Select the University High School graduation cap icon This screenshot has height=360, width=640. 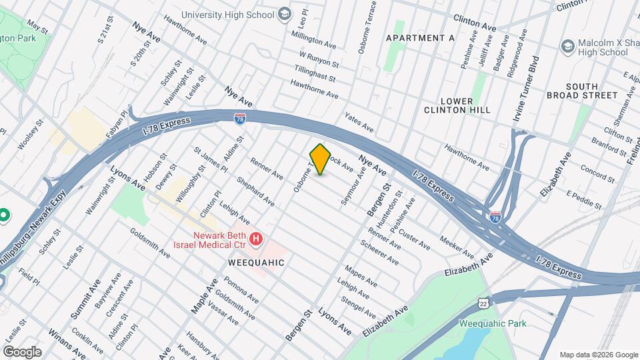(x=285, y=14)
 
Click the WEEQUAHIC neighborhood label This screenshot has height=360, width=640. (x=256, y=263)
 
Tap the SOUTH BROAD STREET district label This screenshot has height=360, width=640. (x=591, y=91)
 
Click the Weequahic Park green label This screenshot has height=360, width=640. (x=493, y=323)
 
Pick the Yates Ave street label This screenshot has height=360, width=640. (x=359, y=121)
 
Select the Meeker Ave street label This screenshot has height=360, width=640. (x=457, y=247)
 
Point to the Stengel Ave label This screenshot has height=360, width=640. (x=357, y=306)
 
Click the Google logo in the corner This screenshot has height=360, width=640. (x=22, y=351)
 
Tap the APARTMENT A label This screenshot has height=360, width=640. (x=420, y=38)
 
